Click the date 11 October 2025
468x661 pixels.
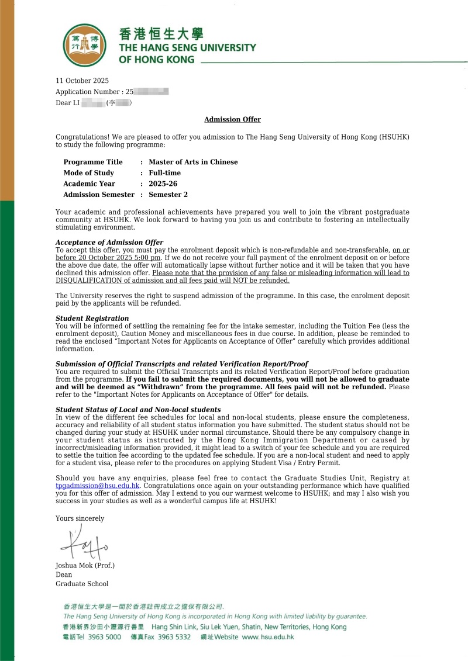[x=82, y=81]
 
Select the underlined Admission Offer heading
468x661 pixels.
[x=232, y=119]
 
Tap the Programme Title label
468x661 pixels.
[x=93, y=162]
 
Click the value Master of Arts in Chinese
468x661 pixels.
[x=193, y=162]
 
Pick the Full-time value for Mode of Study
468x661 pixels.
[x=164, y=173]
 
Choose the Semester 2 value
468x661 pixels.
[x=168, y=195]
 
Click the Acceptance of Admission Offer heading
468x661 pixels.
[x=109, y=243]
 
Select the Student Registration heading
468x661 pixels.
[x=92, y=319]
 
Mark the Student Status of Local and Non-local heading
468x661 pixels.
[x=138, y=410]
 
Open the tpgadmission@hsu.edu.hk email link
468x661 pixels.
[x=98, y=486]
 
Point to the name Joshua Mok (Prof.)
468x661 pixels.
[x=85, y=565]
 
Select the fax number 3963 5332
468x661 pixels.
[x=174, y=637]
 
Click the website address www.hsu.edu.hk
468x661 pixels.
[x=267, y=637]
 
